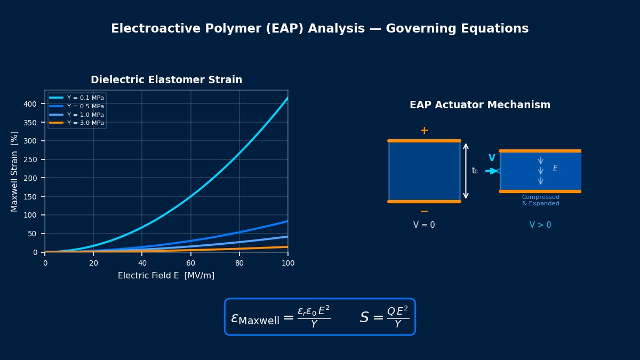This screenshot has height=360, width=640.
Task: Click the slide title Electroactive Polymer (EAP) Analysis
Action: pyautogui.click(x=319, y=29)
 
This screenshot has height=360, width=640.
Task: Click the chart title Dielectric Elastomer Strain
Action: pyautogui.click(x=166, y=80)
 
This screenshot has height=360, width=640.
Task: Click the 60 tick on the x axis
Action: pyautogui.click(x=190, y=263)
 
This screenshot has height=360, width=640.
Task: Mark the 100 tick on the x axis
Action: pyautogui.click(x=288, y=263)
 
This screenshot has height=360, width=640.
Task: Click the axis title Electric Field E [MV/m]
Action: pyautogui.click(x=166, y=276)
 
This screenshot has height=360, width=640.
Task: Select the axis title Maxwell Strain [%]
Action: pyautogui.click(x=15, y=171)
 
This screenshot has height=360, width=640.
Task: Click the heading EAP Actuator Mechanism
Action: pyautogui.click(x=479, y=105)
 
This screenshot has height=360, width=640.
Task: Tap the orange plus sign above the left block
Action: pyautogui.click(x=424, y=131)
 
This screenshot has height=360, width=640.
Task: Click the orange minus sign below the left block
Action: pyautogui.click(x=424, y=212)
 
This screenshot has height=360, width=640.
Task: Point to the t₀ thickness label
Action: pyautogui.click(x=475, y=171)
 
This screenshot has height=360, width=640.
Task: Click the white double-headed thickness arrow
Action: pyautogui.click(x=466, y=171)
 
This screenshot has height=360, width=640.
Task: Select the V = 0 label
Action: pyautogui.click(x=424, y=225)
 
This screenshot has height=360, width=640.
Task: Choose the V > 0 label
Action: pyautogui.click(x=540, y=225)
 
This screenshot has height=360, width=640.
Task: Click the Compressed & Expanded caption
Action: pyautogui.click(x=540, y=201)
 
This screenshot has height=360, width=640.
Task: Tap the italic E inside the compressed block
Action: pyautogui.click(x=555, y=169)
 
